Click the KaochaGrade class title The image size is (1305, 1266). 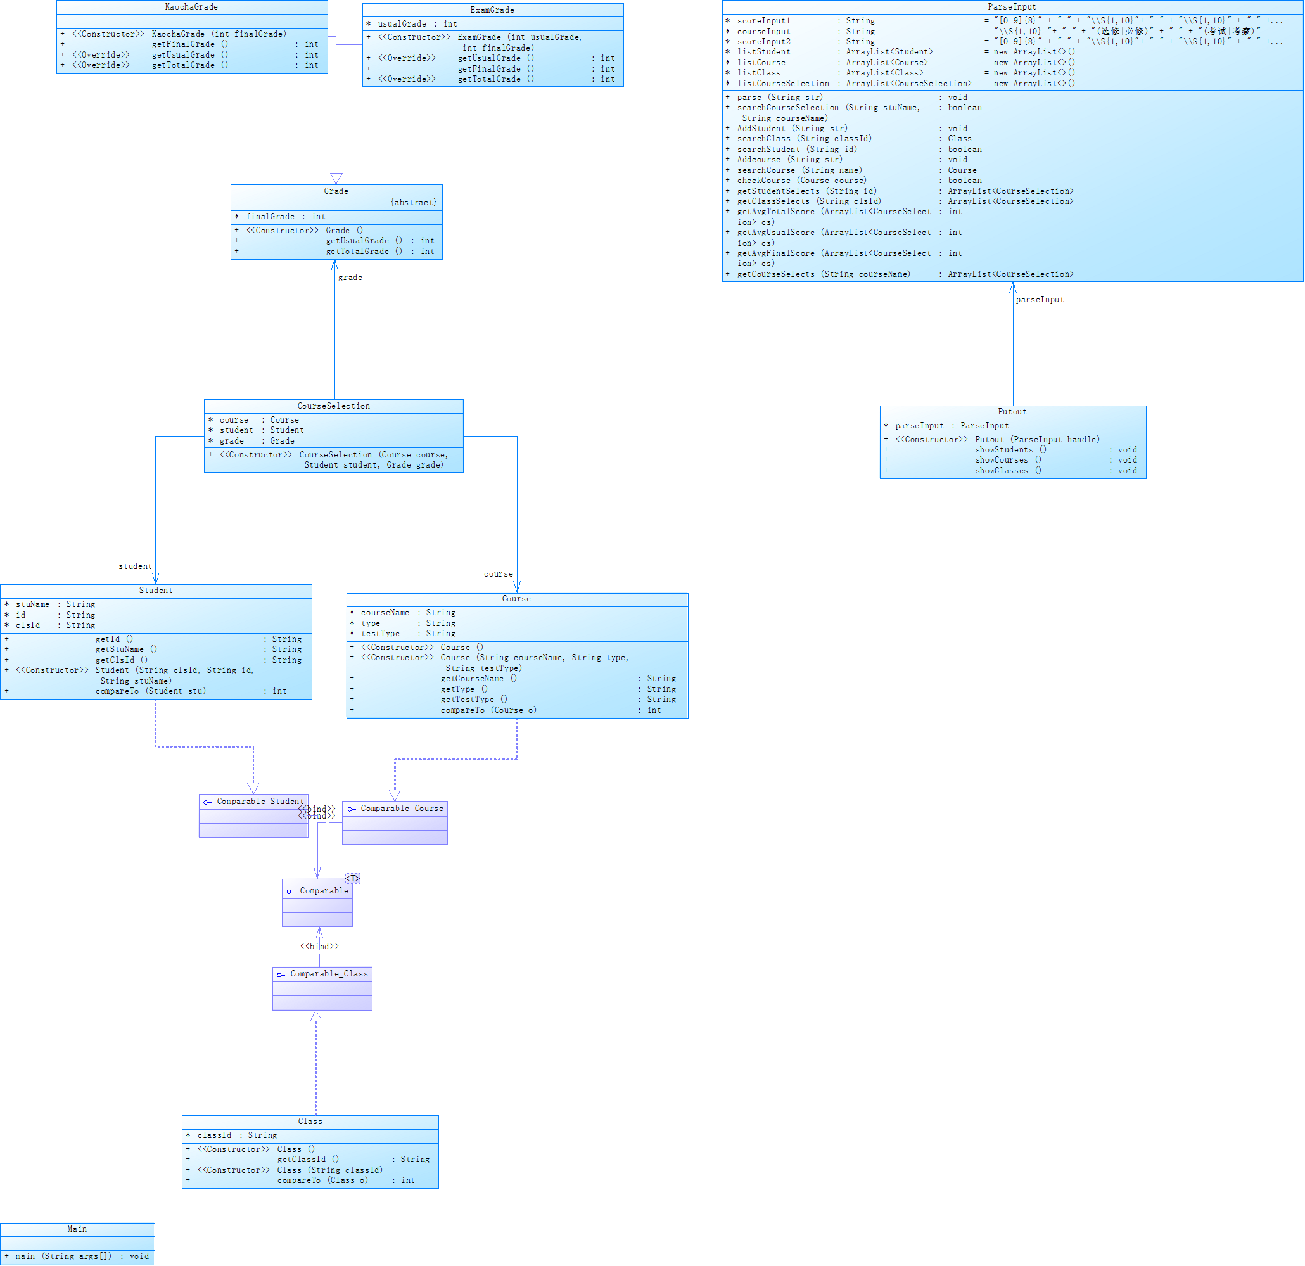[x=191, y=7]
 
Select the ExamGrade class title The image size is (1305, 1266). [x=492, y=10]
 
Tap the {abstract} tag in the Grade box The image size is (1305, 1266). [x=414, y=203]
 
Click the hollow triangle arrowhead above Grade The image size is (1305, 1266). [x=336, y=178]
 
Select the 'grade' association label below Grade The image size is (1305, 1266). [x=350, y=277]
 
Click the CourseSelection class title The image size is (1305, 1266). [x=334, y=406]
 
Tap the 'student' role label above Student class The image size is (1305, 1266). [x=135, y=566]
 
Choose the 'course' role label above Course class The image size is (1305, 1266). [x=498, y=574]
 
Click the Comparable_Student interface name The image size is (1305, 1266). [x=260, y=801]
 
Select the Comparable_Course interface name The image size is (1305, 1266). [x=402, y=809]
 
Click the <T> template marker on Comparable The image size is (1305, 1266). [x=353, y=878]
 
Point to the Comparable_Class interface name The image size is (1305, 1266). [x=329, y=974]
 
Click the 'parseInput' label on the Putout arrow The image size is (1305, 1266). [x=1040, y=300]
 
